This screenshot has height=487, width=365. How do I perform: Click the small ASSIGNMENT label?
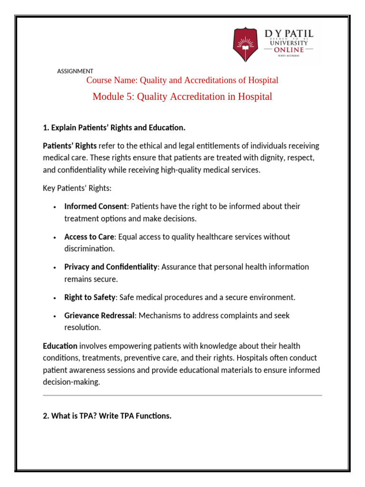coord(75,71)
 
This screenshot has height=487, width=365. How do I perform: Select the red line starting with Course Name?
coord(182,80)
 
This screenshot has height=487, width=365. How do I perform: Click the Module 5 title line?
coord(182,97)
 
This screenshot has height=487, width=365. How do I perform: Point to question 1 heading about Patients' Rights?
coord(114,127)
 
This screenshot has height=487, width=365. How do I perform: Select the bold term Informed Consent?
coord(96,206)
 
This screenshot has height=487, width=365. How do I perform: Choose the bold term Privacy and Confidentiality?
coord(111,267)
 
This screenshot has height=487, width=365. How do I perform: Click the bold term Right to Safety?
coord(90,297)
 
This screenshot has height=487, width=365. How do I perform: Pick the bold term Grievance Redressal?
coord(99,315)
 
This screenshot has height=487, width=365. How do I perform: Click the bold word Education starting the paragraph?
coord(60,346)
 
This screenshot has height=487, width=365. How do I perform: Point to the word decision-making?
coord(71,382)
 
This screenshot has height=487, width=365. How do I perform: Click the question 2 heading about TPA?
coord(107,416)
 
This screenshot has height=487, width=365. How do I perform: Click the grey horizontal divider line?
coord(182,395)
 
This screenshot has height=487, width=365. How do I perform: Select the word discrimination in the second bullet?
coord(89,249)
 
